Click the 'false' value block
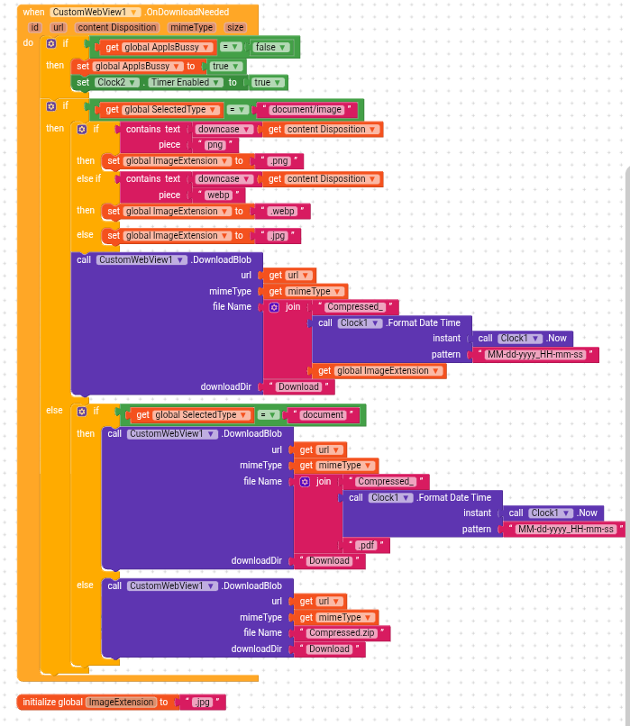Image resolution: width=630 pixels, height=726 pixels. (x=265, y=47)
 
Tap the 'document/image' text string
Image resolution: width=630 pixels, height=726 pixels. (x=306, y=110)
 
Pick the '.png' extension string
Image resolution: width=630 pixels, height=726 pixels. (x=278, y=161)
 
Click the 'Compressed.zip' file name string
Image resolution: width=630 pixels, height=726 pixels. (x=342, y=632)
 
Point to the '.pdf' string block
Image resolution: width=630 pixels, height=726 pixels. (x=365, y=545)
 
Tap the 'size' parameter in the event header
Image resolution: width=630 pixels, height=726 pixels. (x=235, y=27)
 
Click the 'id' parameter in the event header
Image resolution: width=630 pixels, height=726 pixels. (x=35, y=27)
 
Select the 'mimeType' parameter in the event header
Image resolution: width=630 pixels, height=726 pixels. (x=190, y=27)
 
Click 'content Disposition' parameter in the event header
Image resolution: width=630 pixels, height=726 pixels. (x=118, y=27)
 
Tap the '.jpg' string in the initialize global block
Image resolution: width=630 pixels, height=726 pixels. (x=202, y=702)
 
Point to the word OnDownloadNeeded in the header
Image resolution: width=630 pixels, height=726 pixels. (x=189, y=12)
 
